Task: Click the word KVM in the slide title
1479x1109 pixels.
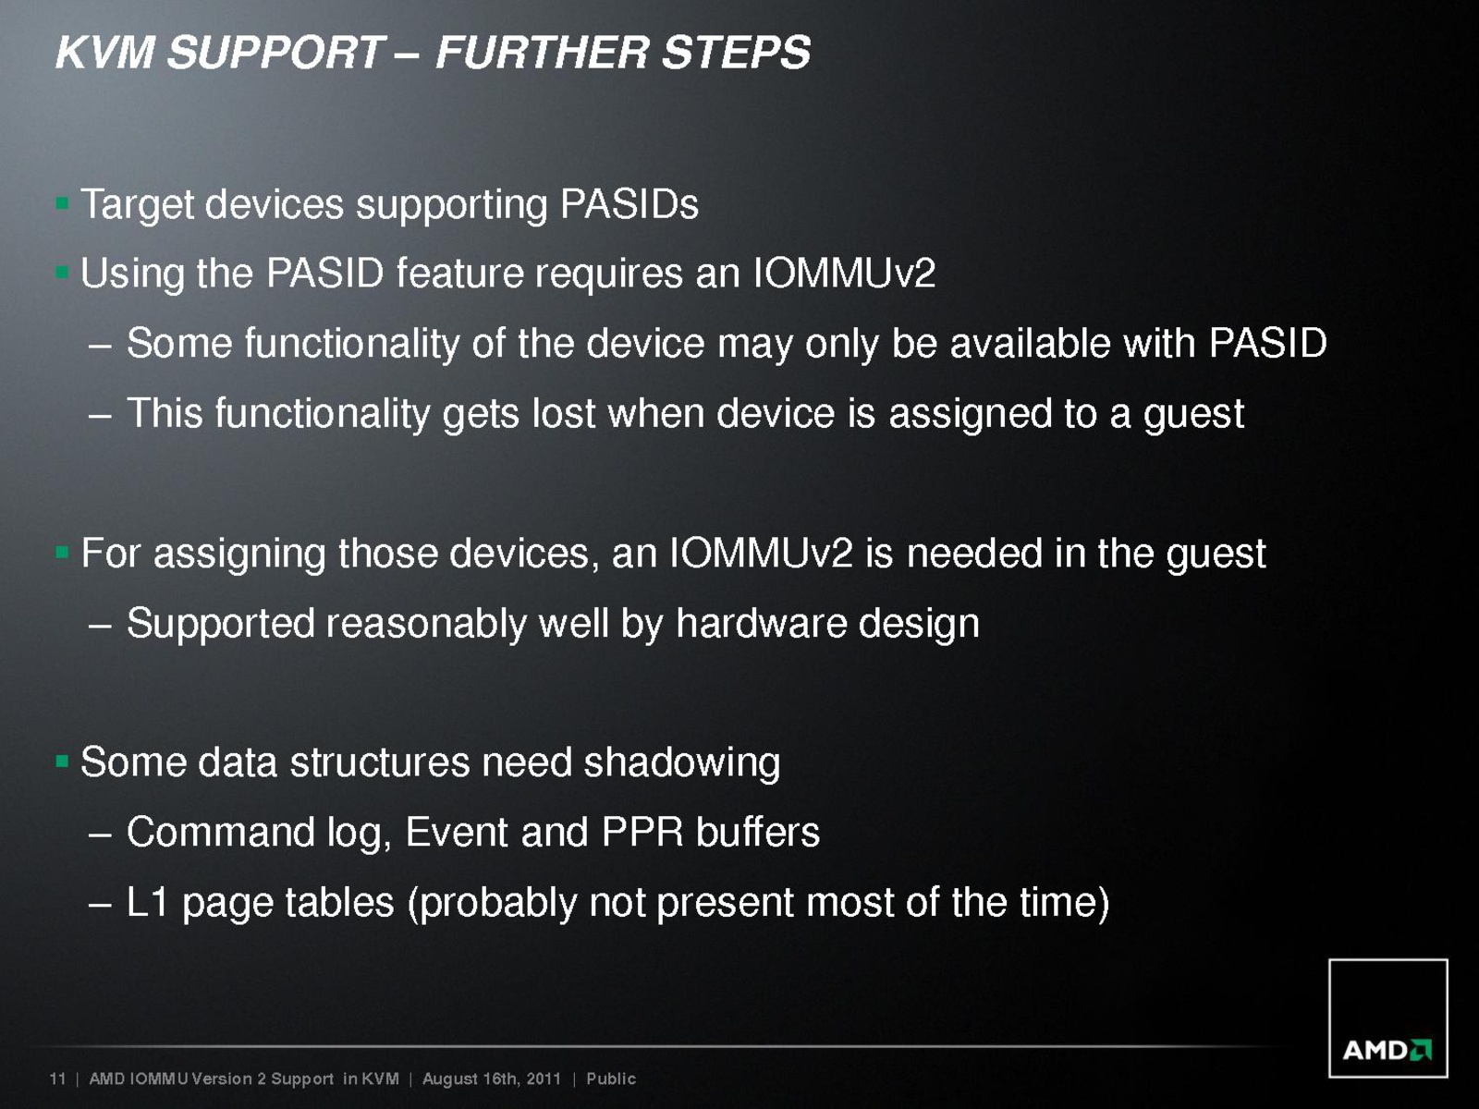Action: click(x=105, y=53)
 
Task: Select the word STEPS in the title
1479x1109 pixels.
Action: click(x=737, y=53)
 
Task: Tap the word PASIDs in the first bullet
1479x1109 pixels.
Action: click(x=629, y=204)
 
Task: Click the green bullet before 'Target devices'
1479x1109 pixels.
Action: click(x=63, y=202)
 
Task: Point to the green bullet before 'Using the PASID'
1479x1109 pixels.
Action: click(x=63, y=272)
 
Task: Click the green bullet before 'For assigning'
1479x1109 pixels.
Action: click(x=63, y=553)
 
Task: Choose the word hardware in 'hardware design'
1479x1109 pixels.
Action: click(x=761, y=623)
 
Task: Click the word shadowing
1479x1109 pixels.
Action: click(x=682, y=764)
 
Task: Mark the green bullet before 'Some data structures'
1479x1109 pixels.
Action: click(x=63, y=762)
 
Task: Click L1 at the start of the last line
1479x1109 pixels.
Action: click(x=147, y=902)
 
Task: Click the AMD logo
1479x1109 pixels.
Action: click(x=1388, y=1018)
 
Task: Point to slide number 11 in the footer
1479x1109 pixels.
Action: click(x=57, y=1079)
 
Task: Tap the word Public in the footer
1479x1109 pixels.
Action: click(x=611, y=1079)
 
